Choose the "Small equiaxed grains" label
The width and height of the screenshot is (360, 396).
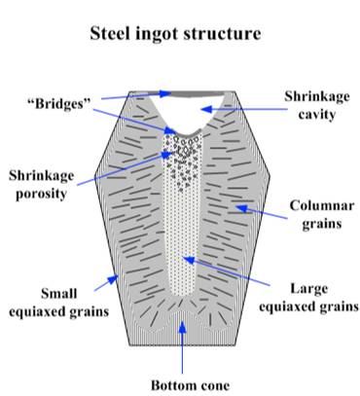(x=51, y=300)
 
